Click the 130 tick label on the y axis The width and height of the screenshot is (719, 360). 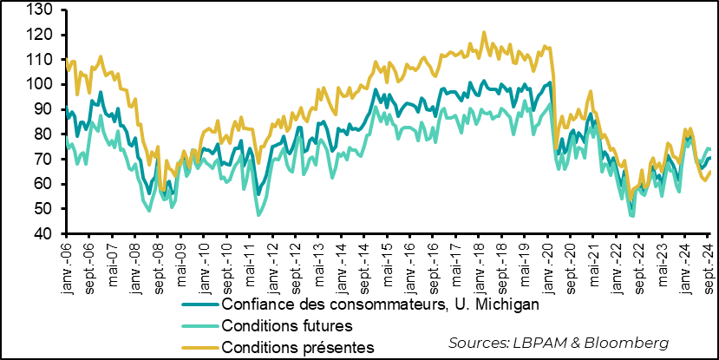[42, 10]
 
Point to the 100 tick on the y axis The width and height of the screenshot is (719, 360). [42, 85]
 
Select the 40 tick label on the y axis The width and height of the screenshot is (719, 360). [46, 234]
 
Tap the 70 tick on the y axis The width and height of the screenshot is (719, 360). [46, 160]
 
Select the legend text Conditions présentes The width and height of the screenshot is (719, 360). [297, 347]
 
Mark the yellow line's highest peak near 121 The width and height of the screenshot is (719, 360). [484, 32]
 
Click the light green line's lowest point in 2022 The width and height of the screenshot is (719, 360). [632, 215]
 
